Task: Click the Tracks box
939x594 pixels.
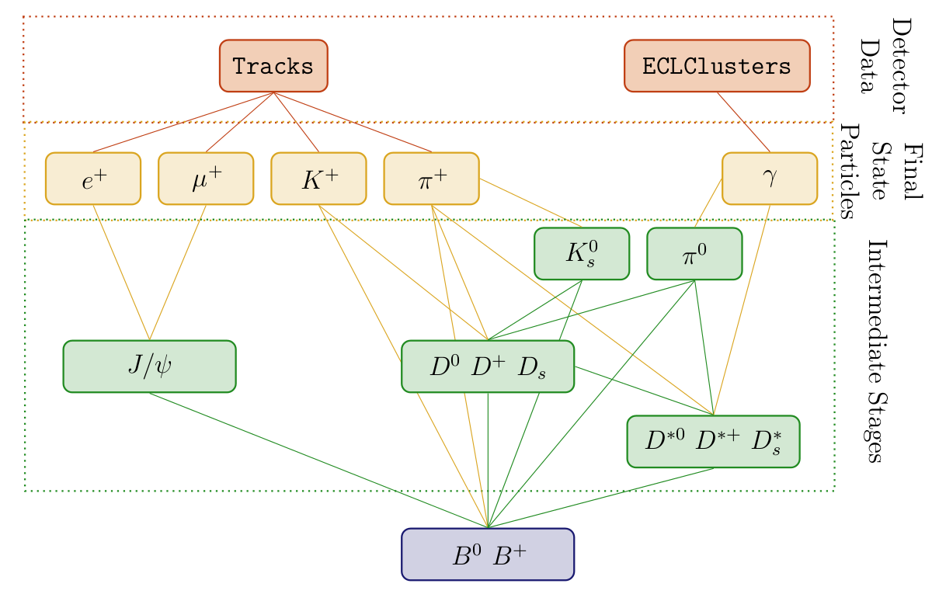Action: coord(273,66)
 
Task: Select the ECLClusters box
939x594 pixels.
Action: coord(716,66)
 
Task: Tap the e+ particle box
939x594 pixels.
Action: coord(93,178)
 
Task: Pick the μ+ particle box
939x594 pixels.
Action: coord(206,178)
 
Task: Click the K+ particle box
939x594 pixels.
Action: coord(318,178)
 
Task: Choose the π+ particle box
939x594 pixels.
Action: coord(431,178)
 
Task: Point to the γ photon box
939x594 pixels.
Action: coord(769,178)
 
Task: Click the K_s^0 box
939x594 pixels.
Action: coord(581,253)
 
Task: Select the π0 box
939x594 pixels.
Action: coord(694,253)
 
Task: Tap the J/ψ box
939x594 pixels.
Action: coord(149,366)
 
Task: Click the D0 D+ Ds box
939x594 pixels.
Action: coord(488,366)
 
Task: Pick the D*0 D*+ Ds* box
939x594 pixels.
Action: coord(713,441)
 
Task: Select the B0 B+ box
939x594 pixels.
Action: coord(488,554)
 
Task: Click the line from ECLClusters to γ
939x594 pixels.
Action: coord(743,122)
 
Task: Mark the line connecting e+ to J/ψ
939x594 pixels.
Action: coord(121,272)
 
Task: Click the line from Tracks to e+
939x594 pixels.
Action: coord(183,122)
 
